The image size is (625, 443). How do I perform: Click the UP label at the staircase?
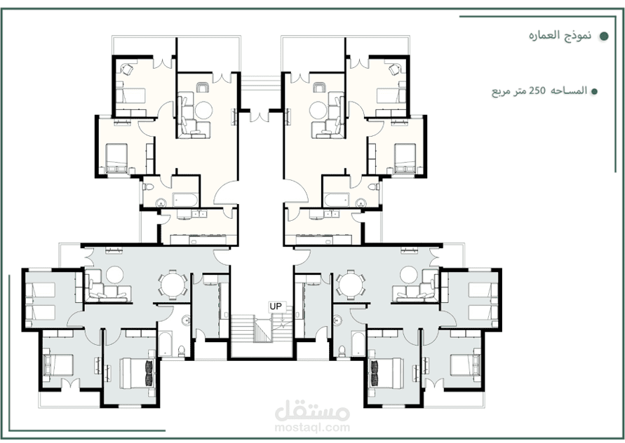(x=276, y=306)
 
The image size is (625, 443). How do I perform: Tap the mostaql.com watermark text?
(x=312, y=428)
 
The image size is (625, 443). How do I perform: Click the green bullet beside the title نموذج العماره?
(x=604, y=36)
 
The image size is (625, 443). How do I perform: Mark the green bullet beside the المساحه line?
(x=594, y=91)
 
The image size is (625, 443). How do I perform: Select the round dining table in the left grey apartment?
(x=173, y=285)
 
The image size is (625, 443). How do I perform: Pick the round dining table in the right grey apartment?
(x=349, y=285)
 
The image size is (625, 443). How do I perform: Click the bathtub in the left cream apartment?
(x=185, y=200)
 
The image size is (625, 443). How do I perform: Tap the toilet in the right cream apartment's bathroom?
(x=373, y=186)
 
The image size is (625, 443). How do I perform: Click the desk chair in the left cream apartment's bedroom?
(x=127, y=69)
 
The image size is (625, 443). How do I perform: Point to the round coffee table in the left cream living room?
(x=203, y=110)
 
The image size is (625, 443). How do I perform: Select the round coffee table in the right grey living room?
(x=408, y=275)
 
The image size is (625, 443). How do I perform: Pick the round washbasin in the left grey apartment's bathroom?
(x=186, y=320)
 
